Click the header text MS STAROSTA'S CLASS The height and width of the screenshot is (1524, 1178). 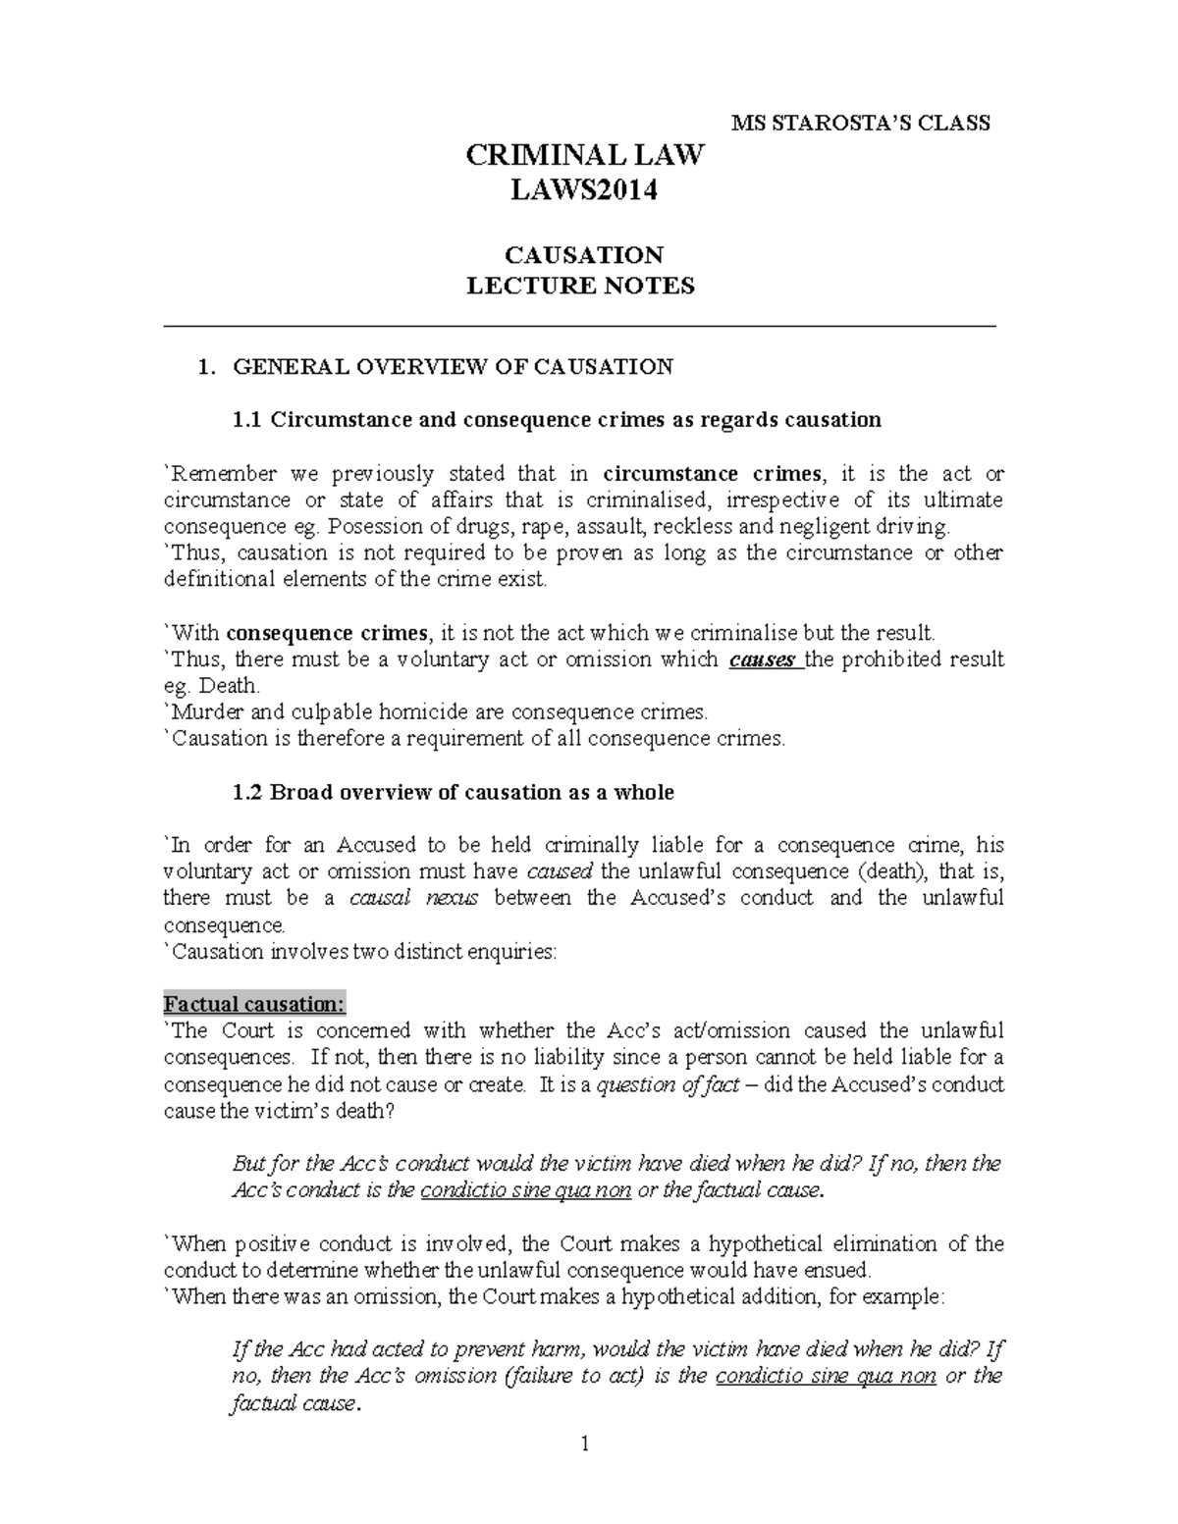[x=862, y=124]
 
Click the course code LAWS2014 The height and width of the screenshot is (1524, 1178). [x=583, y=191]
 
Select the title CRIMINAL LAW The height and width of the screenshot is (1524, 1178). [x=584, y=156]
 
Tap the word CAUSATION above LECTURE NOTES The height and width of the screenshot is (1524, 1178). [x=583, y=256]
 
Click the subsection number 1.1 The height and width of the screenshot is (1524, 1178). [x=246, y=420]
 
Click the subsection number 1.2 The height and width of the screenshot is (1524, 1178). [x=246, y=792]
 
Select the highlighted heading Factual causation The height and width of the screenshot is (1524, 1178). [x=254, y=1004]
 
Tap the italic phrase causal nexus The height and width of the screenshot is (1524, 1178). [x=413, y=898]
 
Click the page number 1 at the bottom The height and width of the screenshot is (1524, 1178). [x=584, y=1444]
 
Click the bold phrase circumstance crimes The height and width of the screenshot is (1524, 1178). [x=713, y=473]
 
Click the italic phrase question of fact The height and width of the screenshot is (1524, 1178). [x=668, y=1085]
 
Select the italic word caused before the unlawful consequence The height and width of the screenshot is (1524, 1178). [x=560, y=871]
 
